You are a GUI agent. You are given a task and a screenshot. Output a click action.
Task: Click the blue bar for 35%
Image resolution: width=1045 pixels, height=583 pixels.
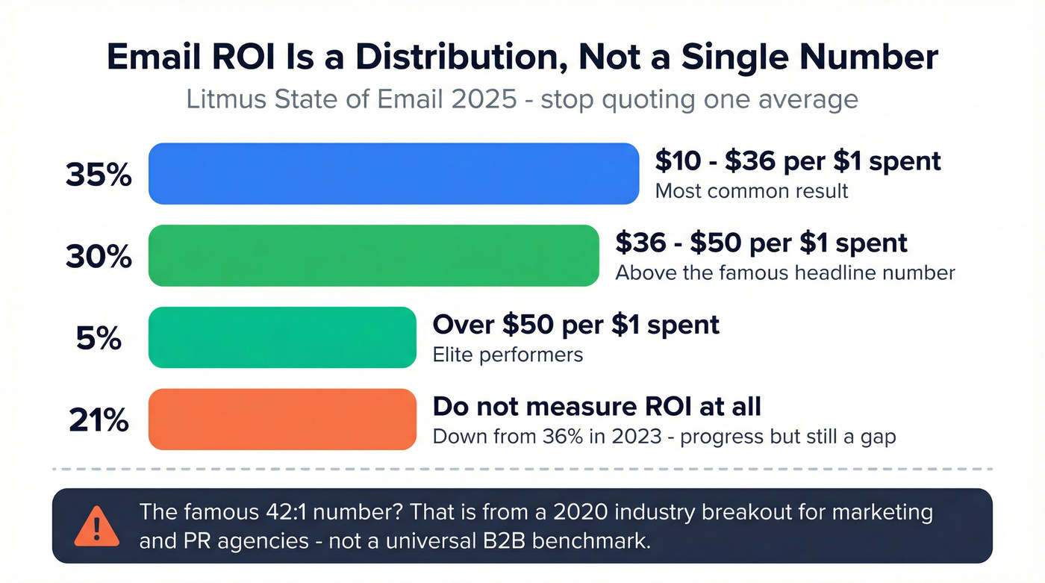[x=393, y=174]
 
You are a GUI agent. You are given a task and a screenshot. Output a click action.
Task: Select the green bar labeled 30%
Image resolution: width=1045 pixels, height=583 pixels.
[x=373, y=255]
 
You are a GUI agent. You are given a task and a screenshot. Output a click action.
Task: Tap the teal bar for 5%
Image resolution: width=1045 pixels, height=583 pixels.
[x=282, y=337]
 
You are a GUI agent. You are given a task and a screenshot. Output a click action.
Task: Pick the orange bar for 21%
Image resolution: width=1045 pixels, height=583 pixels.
[x=282, y=420]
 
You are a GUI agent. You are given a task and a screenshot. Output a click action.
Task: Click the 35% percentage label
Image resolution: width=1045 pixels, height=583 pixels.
[x=99, y=175]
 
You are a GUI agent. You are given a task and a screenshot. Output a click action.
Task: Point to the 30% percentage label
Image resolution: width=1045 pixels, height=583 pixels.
[x=99, y=257]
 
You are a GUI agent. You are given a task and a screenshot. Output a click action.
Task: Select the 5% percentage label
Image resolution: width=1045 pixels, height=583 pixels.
[x=99, y=339]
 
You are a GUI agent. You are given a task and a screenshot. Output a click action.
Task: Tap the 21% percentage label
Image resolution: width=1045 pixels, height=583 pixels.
[x=99, y=421]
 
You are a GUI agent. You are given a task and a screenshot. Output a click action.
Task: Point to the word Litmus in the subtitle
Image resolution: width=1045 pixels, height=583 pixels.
[x=221, y=99]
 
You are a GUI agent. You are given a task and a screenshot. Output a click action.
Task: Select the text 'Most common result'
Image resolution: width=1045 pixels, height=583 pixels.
[x=751, y=191]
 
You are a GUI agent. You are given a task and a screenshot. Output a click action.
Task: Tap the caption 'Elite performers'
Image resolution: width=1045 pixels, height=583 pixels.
[x=508, y=354]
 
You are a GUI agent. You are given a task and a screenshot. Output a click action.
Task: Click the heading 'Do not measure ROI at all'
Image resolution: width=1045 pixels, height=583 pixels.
[x=596, y=407]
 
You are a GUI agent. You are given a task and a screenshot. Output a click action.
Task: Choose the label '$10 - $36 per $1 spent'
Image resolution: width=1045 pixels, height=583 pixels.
[x=797, y=160]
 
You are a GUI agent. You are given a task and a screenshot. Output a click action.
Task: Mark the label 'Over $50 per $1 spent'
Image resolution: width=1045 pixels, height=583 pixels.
[x=575, y=325]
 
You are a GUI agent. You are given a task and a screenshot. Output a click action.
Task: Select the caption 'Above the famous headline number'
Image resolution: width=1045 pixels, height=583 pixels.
[x=784, y=273]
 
